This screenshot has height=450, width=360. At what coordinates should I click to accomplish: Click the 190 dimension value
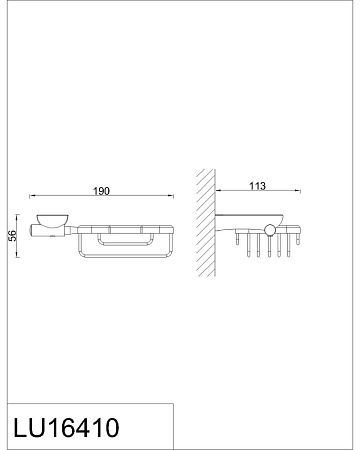[101, 191]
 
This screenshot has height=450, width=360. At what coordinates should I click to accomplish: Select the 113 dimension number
[258, 186]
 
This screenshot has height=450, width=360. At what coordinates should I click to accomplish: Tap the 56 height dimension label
[12, 236]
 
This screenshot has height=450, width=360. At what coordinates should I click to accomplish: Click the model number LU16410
[66, 427]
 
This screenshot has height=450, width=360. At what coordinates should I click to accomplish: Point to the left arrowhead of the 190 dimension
[32, 196]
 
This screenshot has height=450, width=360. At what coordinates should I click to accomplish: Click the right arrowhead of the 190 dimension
[171, 196]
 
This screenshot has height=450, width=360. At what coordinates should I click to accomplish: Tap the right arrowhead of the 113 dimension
[298, 191]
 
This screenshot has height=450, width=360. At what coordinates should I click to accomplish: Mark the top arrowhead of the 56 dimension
[17, 217]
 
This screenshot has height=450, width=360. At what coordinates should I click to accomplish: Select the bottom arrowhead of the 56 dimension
[17, 254]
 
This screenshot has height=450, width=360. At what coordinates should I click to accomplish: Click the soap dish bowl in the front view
[52, 220]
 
